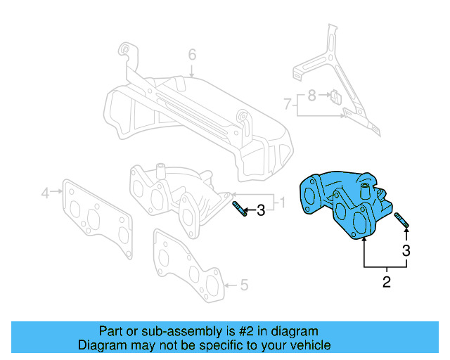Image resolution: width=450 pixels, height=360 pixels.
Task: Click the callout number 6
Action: [x=192, y=55]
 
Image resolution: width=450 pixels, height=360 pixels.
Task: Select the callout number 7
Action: [x=287, y=104]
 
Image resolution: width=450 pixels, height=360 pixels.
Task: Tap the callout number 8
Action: [x=311, y=94]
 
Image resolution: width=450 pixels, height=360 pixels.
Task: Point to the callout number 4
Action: [x=45, y=192]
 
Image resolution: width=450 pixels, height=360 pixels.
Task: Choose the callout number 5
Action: [x=244, y=285]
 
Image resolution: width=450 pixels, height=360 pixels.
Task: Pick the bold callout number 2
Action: [x=386, y=283]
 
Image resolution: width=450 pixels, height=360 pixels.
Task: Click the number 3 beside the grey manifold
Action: [x=260, y=210]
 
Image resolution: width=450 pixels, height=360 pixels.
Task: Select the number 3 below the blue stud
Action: [x=406, y=250]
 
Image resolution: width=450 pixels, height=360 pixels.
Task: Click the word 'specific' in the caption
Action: [x=219, y=345]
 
